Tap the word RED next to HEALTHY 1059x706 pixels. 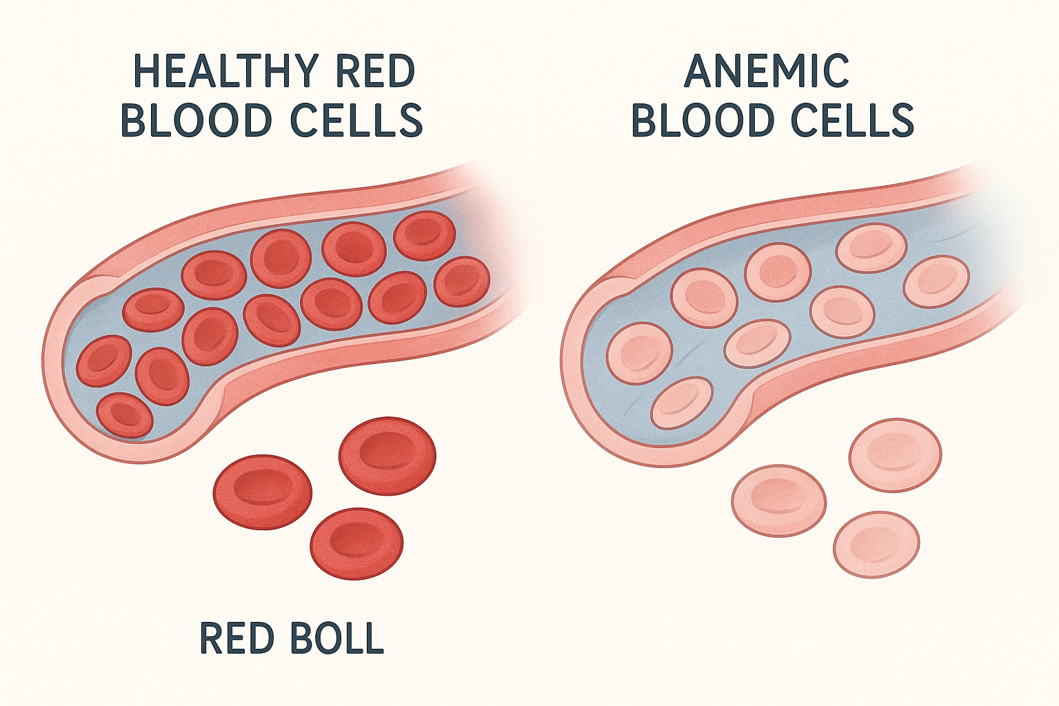[x=374, y=70]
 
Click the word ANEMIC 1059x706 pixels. [x=766, y=70]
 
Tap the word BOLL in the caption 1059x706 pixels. [x=337, y=638]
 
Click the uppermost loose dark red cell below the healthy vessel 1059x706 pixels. [x=387, y=455]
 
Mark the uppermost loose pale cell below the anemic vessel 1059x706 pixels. [x=895, y=455]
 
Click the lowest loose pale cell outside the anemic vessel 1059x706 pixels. [x=876, y=544]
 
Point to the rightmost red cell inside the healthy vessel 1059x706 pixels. [x=462, y=282]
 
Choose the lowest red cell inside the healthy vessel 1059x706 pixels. [x=125, y=416]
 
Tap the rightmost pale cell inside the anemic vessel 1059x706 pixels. [x=936, y=281]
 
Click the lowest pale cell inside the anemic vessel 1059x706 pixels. [x=682, y=403]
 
